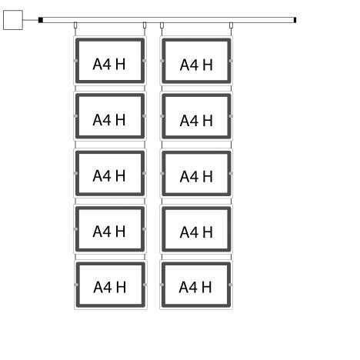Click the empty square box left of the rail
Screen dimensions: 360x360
tap(13, 20)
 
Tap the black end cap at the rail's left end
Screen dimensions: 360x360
tap(41, 20)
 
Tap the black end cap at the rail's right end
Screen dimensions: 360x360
tap(295, 20)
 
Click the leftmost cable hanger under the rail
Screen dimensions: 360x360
tap(75, 25)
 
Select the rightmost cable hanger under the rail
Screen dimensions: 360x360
tap(231, 25)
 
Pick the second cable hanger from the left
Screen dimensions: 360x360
tap(145, 25)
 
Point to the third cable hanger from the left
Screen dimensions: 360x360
tap(162, 25)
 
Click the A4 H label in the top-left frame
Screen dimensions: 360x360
tap(109, 64)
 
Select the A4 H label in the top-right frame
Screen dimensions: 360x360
tap(196, 65)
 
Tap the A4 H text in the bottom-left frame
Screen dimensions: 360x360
tap(110, 287)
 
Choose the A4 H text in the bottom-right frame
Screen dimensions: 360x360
tap(195, 287)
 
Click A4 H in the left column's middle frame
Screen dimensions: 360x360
tap(109, 175)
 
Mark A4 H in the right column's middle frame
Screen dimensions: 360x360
tap(196, 177)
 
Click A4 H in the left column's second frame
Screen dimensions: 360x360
tap(109, 120)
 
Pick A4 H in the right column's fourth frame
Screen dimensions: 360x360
tap(196, 232)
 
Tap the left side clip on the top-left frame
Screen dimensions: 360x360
tap(75, 61)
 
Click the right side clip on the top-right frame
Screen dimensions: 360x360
tap(231, 61)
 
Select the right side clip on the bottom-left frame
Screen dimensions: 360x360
tap(145, 285)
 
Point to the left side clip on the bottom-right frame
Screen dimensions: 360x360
tap(162, 285)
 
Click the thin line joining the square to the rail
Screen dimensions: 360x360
tap(31, 20)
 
